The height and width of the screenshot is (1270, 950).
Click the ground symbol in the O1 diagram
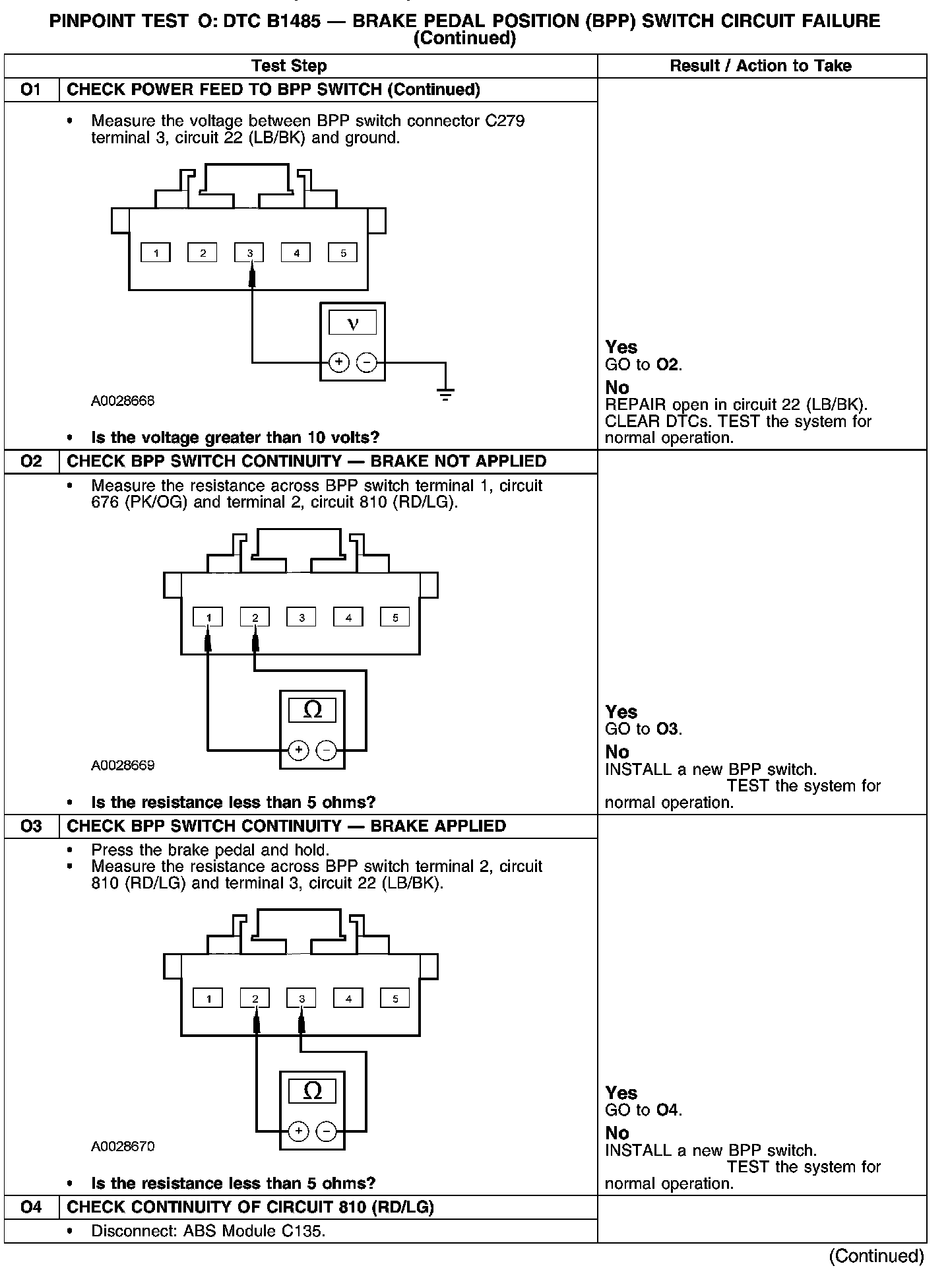coord(445,395)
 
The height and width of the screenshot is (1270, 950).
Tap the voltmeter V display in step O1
coord(352,323)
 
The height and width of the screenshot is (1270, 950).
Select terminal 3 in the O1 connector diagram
coord(249,252)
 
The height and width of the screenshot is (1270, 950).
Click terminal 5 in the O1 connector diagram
coord(343,252)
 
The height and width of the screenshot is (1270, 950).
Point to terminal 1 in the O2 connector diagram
coord(208,617)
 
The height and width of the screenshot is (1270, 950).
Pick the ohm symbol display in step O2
coord(312,710)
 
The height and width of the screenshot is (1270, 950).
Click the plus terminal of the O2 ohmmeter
coord(298,750)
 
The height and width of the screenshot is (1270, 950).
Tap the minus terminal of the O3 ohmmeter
coord(327,1131)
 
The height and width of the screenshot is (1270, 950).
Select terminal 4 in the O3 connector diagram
coord(348,998)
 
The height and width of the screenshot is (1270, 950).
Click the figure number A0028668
coord(123,401)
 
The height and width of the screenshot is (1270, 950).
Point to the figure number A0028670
coord(123,1147)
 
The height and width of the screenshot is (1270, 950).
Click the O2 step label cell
coord(31,461)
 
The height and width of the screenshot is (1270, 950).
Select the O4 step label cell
coord(31,1207)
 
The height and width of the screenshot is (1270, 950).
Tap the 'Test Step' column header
coord(289,66)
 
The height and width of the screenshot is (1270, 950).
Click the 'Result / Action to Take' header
coord(760,66)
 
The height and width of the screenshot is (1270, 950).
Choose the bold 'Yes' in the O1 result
coord(621,347)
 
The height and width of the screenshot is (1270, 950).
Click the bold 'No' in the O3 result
coord(617,1133)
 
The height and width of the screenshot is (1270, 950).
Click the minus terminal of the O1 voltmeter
coord(367,362)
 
